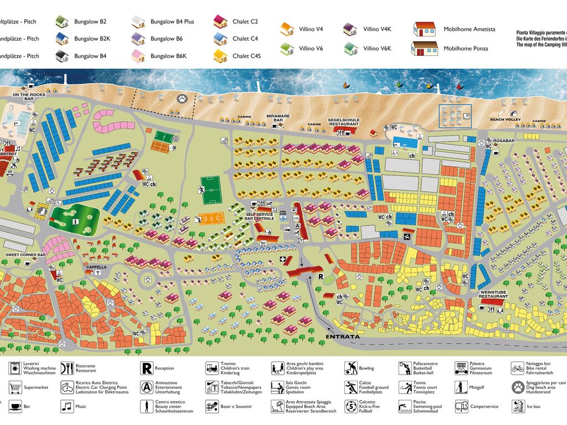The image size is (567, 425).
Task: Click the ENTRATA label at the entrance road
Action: click(343, 336)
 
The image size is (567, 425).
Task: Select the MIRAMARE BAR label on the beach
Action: click(275, 117)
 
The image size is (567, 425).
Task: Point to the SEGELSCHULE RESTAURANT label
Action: click(343, 122)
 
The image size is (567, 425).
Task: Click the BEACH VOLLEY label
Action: click(505, 120)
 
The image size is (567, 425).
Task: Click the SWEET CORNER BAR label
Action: click(25, 255)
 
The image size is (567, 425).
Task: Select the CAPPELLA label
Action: click(96, 267)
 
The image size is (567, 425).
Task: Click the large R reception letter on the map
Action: click(319, 276)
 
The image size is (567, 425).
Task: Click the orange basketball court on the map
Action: click(211, 218)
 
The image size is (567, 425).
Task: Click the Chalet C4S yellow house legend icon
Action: click(220, 56)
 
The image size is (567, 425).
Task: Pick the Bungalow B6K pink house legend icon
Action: click(138, 56)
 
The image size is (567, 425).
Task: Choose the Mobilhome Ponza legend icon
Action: click(424, 48)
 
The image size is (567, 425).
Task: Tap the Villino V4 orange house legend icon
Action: click(286, 29)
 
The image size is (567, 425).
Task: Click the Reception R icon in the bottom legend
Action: click(146, 368)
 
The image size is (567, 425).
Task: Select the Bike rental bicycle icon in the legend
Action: click(517, 368)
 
